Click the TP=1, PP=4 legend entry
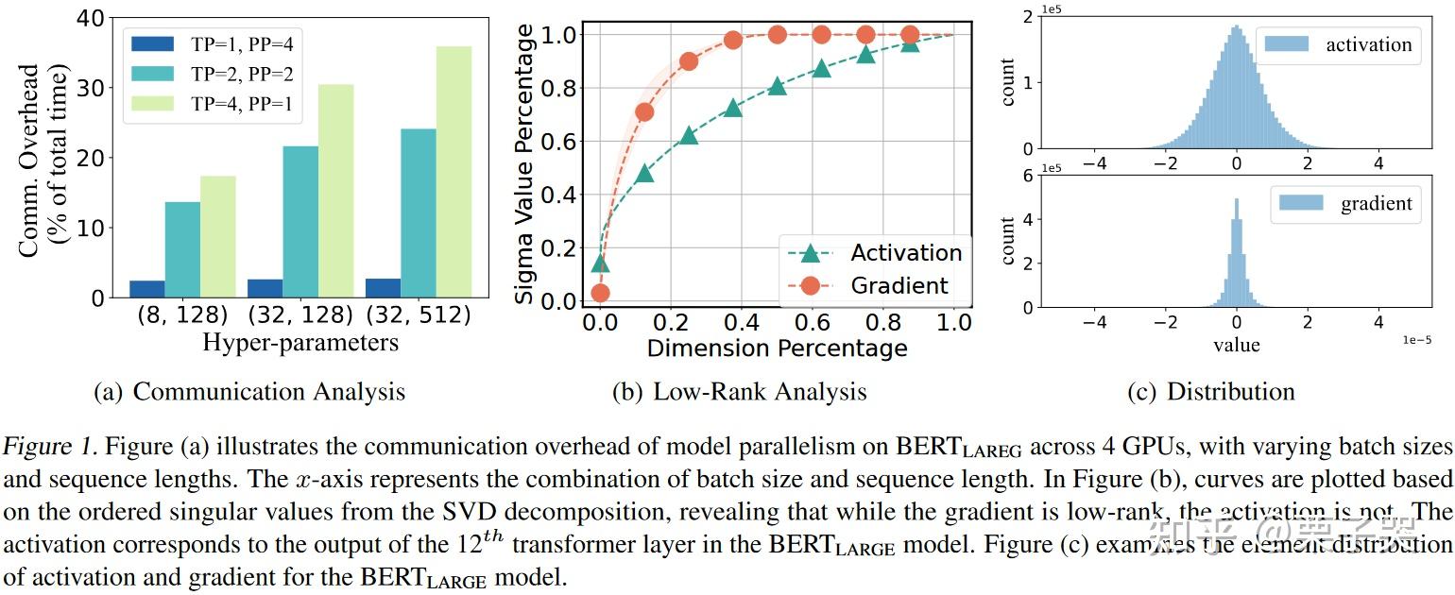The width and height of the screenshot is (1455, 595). pos(217,43)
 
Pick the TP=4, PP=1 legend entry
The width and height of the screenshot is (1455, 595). pos(217,105)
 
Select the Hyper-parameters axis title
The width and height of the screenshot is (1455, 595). pos(300,342)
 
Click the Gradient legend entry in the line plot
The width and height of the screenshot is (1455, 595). pos(874,285)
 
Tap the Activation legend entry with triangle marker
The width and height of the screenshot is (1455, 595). pos(874,253)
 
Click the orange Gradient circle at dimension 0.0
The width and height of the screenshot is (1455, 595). pos(600,294)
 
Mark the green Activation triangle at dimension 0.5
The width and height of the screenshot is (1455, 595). pos(777,86)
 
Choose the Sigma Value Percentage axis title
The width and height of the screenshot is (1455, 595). pos(526,164)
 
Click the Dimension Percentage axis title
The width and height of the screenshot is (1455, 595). pos(777,348)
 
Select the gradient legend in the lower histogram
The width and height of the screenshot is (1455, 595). pos(1345,203)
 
